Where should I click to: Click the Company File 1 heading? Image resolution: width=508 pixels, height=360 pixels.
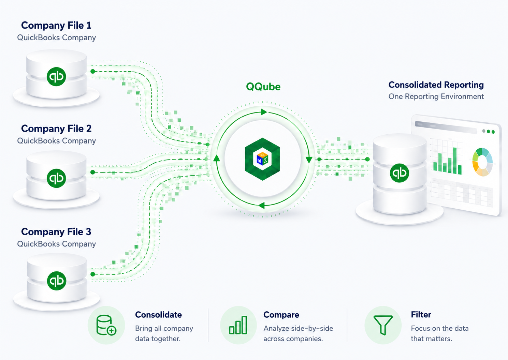point(56,25)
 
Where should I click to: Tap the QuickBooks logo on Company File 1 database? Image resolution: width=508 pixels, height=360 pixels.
point(56,77)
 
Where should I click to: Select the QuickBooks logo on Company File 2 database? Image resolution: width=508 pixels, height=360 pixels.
point(56,178)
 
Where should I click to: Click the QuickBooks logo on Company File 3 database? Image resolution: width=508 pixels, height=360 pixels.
point(57,281)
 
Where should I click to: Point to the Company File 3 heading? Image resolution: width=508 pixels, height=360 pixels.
point(56,232)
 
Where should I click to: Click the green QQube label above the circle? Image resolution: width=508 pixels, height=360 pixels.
point(263,87)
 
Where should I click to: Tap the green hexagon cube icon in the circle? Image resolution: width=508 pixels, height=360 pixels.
point(262,159)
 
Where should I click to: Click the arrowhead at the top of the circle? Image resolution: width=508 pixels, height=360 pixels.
point(264,112)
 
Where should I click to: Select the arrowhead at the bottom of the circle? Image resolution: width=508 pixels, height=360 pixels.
point(261,206)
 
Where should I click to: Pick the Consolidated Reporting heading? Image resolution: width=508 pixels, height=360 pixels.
point(436,85)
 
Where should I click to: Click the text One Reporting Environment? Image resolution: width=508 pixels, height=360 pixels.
point(436,96)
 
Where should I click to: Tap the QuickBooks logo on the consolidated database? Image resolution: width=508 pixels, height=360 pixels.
point(400,173)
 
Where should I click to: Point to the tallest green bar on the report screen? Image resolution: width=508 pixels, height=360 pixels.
point(455,161)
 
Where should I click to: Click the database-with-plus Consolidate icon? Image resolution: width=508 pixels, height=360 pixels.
point(106,325)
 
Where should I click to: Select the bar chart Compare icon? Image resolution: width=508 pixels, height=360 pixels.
point(238,325)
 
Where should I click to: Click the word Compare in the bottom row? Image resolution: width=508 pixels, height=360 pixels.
point(281,315)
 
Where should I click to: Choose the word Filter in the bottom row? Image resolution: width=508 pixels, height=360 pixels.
point(421,314)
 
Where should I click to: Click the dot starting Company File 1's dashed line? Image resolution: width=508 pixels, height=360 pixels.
point(92,71)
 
